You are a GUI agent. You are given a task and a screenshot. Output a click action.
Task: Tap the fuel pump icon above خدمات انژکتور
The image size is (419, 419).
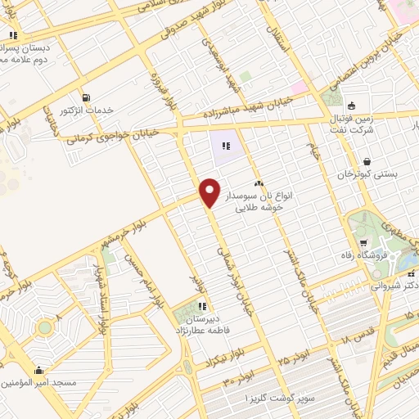coord(86,97)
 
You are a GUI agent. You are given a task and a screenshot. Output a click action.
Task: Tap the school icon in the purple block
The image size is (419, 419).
coord(226,146)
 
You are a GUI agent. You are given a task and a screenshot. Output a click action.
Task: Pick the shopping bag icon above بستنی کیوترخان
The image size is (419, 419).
coord(366,161)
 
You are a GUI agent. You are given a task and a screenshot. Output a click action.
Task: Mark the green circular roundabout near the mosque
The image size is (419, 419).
coord(44,327)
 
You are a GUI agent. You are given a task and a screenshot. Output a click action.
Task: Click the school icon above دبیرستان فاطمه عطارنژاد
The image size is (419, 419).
coord(201,307)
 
